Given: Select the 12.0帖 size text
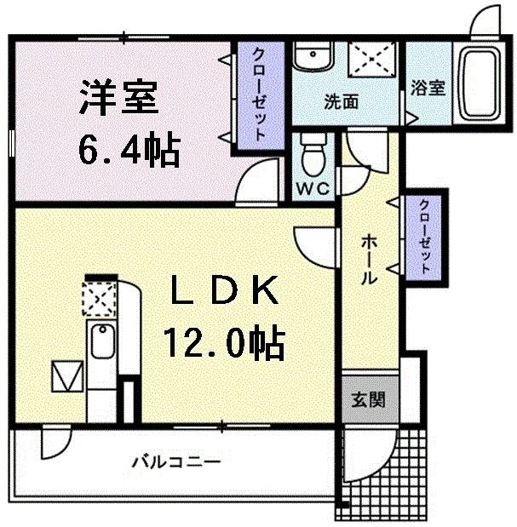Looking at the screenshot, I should click(224, 343).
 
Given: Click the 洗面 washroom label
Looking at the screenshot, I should click(341, 101).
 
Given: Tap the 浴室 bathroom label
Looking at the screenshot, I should click(428, 89).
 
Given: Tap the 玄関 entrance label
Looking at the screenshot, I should click(369, 398).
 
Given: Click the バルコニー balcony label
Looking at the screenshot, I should click(176, 462).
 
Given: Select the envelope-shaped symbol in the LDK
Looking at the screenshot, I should click(66, 375).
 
